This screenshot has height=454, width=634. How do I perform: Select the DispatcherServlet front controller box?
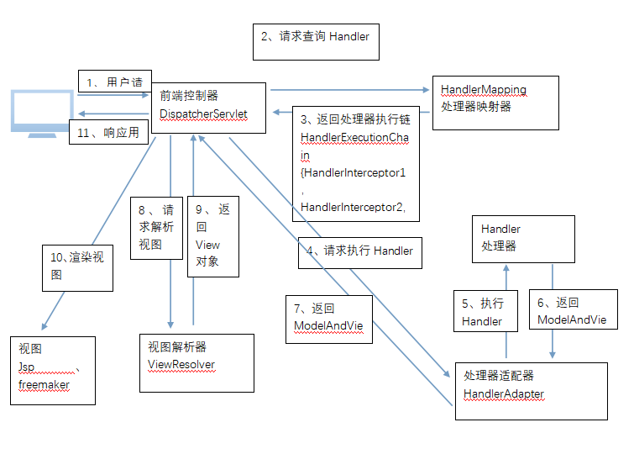click(x=210, y=108)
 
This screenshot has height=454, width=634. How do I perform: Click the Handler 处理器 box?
click(x=522, y=239)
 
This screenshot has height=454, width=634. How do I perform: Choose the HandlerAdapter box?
click(x=531, y=390)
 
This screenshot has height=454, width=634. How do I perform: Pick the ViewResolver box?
click(x=196, y=362)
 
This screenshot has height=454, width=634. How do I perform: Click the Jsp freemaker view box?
click(x=52, y=370)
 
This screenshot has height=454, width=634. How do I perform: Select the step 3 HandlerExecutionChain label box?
click(x=357, y=162)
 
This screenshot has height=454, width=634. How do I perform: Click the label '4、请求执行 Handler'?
click(x=359, y=251)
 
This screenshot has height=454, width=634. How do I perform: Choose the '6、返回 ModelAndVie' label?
click(x=576, y=312)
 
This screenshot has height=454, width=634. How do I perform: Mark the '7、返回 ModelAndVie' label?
click(x=327, y=318)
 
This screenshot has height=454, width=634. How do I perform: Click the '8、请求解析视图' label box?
click(x=156, y=228)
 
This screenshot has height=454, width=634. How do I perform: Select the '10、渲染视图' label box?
click(x=78, y=267)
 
